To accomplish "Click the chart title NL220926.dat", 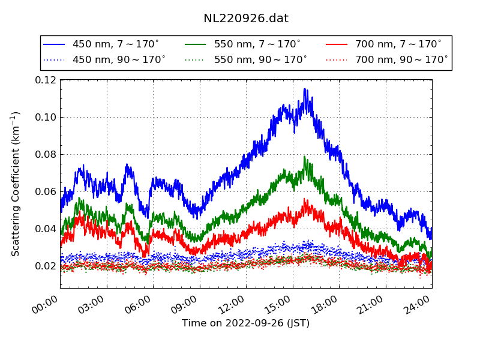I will (245, 19).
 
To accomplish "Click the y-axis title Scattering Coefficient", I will (16, 184).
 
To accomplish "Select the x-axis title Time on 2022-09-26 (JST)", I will (245, 323).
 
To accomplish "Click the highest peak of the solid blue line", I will (305, 89).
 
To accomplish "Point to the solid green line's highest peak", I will (305, 157).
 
